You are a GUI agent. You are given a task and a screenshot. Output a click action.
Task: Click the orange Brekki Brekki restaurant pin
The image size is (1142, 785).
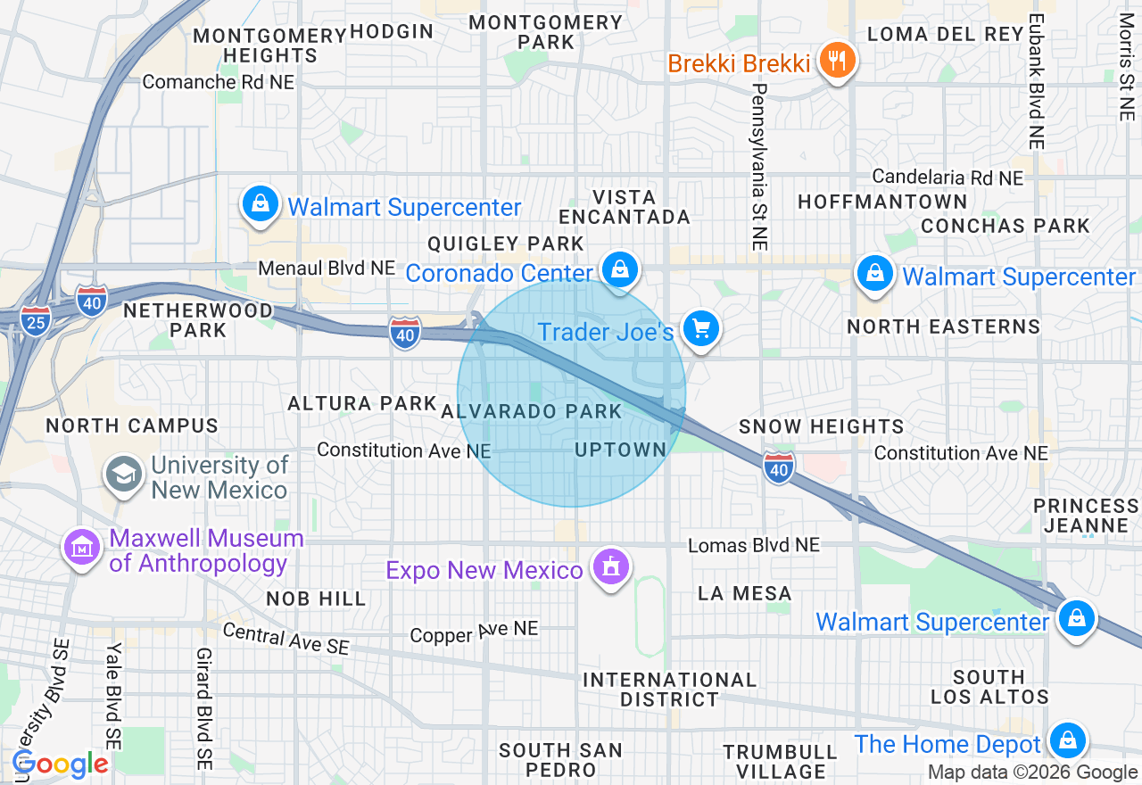point(836,62)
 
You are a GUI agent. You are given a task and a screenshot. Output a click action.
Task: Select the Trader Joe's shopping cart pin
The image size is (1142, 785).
point(700,329)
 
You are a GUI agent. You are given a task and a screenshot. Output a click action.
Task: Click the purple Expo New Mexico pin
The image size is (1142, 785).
point(610,566)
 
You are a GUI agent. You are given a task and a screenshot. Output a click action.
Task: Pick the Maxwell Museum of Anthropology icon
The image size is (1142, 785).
point(82,548)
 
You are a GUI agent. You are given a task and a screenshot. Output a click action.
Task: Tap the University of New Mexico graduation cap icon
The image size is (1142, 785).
point(122,474)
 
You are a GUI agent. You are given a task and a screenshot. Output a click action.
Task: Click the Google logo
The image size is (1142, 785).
point(61,764)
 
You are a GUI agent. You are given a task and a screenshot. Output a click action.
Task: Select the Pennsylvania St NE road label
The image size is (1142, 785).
point(759,167)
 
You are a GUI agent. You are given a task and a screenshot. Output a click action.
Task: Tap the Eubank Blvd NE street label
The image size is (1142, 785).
point(1036,81)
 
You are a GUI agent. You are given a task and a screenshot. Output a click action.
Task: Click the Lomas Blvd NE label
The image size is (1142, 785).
point(754,544)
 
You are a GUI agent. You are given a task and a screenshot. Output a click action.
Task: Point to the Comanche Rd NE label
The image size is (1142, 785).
point(219,82)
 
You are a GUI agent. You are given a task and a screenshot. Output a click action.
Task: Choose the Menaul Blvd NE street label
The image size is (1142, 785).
point(327,269)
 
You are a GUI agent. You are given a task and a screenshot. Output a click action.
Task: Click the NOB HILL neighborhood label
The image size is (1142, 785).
point(316,599)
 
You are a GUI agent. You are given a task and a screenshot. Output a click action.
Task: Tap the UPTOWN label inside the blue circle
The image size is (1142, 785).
point(621,450)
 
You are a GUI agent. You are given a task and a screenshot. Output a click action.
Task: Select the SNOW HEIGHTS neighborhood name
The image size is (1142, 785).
point(822,427)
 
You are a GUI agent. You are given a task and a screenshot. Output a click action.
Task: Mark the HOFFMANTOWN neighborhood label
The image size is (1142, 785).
point(882,202)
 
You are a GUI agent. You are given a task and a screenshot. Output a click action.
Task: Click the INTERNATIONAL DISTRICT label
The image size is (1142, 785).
point(669,690)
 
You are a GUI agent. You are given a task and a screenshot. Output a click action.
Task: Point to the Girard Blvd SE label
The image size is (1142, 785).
point(204,709)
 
